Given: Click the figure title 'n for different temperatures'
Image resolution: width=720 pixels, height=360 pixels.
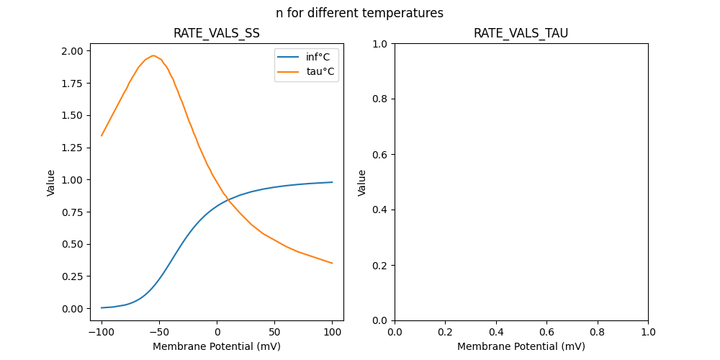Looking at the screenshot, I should (359, 13).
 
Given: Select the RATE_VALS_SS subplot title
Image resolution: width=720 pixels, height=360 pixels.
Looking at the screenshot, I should (217, 33).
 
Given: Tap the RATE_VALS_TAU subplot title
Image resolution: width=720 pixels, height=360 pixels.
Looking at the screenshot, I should (521, 33).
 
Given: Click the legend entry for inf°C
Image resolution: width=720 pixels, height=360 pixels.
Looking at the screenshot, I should (318, 57).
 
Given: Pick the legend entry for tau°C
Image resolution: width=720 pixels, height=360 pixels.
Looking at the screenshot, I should (320, 71).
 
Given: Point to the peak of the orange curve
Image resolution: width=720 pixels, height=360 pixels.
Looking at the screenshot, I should (153, 55).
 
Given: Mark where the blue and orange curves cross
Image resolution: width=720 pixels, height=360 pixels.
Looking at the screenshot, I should (228, 201).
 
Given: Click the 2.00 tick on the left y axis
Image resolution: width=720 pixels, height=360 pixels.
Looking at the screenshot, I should (73, 51).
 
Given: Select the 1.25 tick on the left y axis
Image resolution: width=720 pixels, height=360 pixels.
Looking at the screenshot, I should (73, 148).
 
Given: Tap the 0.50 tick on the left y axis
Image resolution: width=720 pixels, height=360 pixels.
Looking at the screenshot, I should (73, 244).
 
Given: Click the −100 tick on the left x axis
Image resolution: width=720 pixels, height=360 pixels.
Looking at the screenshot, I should (102, 333).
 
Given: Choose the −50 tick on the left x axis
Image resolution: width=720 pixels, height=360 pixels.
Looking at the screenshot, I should (159, 333).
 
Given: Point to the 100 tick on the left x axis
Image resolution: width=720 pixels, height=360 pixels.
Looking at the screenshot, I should (333, 333).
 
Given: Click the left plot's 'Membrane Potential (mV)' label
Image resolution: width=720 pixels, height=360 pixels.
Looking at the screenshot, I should (217, 346).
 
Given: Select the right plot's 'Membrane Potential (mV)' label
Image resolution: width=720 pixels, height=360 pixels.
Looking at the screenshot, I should (521, 346).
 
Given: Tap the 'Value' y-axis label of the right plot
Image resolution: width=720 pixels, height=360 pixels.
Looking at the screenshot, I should (362, 182).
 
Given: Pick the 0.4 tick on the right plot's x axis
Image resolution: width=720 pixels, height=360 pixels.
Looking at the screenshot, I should (496, 333).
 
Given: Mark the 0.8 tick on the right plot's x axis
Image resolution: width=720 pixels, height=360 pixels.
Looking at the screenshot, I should (598, 333).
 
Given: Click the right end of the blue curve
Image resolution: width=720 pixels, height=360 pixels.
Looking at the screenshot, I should (333, 182).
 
